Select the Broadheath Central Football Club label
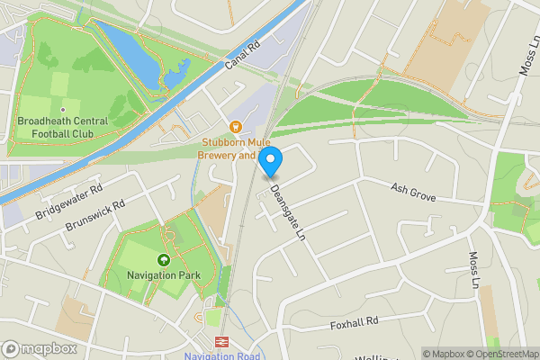[63, 127]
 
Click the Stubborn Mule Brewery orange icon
[236, 126]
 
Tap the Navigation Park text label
[164, 273]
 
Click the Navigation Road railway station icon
[221, 342]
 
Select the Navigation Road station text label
[221, 355]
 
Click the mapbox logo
[39, 348]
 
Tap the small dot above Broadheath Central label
[63, 110]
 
